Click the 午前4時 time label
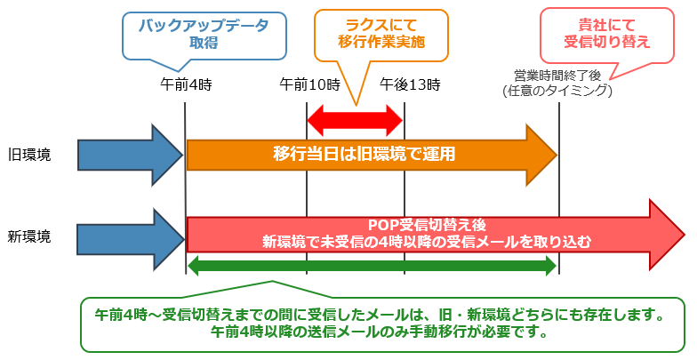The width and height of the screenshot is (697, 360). [186, 84]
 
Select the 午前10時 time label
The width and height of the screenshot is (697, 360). [309, 84]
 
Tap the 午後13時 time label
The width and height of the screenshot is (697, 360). [410, 84]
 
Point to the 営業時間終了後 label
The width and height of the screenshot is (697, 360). [557, 75]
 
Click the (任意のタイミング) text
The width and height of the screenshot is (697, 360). [557, 91]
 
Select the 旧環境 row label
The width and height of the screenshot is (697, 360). [29, 155]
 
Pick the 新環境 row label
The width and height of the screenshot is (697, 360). [29, 236]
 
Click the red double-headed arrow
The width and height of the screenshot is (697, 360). [355, 121]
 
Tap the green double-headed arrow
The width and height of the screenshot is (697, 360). [372, 266]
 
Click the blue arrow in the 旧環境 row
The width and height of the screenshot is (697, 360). [130, 155]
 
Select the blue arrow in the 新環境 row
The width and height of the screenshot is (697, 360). [130, 240]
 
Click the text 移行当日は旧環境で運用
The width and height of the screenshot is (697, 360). [365, 155]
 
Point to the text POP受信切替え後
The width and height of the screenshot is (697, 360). [427, 225]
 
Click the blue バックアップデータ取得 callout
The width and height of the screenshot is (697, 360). [204, 36]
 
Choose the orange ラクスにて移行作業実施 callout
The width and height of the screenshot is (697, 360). [381, 36]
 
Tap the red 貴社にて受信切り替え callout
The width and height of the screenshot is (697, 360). [606, 36]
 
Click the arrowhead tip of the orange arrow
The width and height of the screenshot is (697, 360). [557, 155]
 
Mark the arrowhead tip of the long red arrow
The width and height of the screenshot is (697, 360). [685, 235]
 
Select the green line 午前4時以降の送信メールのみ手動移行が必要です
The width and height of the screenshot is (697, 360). [379, 332]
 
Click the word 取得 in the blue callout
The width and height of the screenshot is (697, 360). [204, 43]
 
